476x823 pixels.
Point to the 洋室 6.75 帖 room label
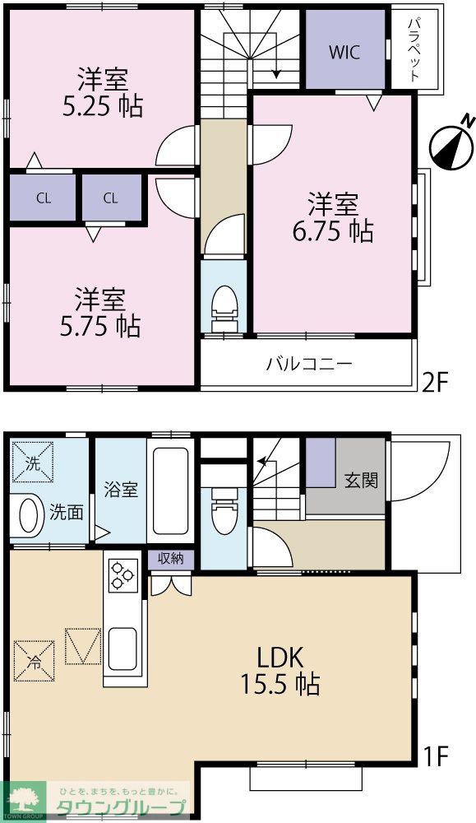(332, 217)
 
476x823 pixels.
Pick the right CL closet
(112, 198)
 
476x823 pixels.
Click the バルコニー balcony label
(308, 363)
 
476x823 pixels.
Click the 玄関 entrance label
(361, 479)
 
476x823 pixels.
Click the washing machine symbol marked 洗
(32, 463)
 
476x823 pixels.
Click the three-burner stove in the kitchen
(124, 574)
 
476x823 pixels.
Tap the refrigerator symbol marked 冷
(34, 659)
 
